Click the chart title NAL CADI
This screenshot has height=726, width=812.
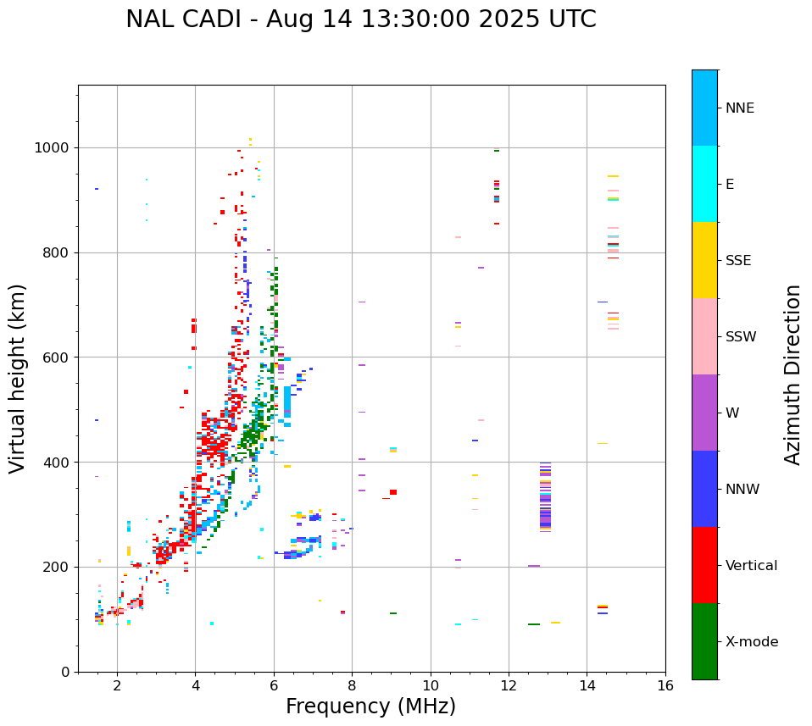(x=360, y=19)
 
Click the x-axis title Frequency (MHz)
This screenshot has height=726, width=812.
(x=370, y=707)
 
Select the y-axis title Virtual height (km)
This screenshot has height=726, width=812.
(x=18, y=378)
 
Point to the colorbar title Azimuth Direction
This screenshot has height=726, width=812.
(x=793, y=374)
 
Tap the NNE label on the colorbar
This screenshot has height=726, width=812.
(x=739, y=108)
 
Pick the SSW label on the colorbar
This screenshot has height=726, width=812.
(x=741, y=337)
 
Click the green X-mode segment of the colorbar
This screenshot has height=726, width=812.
(x=704, y=641)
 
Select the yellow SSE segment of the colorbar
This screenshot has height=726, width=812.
(x=704, y=260)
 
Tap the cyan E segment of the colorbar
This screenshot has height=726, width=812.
(x=704, y=184)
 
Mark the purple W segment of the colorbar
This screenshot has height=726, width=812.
(x=704, y=413)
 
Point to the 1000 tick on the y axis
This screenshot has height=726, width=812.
(x=56, y=147)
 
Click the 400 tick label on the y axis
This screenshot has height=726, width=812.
(x=59, y=463)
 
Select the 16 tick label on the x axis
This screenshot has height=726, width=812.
(x=665, y=685)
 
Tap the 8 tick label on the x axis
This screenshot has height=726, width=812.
(x=352, y=685)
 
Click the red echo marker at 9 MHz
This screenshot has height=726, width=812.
(x=393, y=492)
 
